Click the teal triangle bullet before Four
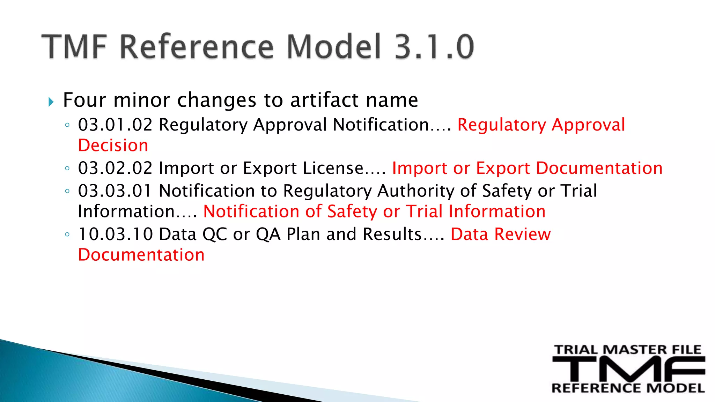(51, 102)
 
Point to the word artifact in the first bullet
(325, 100)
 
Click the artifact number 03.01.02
(115, 125)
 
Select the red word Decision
(113, 146)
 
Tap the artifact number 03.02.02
(115, 168)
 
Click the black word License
(333, 168)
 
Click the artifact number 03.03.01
(115, 191)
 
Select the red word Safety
(352, 212)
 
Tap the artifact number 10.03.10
(115, 234)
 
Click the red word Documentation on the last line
(141, 255)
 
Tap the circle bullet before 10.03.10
(67, 234)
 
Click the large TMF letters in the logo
(628, 369)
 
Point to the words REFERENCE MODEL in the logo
(628, 388)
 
